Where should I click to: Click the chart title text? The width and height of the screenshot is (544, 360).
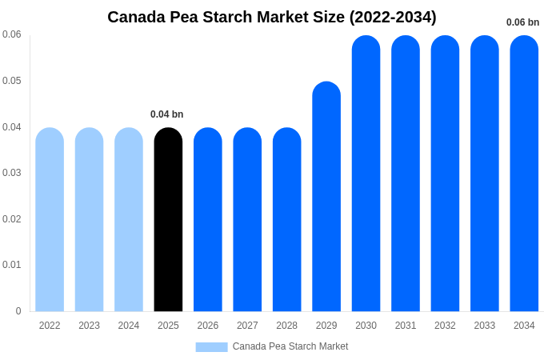pyautogui.click(x=272, y=17)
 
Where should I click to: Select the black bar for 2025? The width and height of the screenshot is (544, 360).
pyautogui.click(x=168, y=220)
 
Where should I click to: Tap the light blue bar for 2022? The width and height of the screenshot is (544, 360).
pyautogui.click(x=50, y=220)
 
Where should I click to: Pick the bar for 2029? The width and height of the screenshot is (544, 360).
pyautogui.click(x=326, y=197)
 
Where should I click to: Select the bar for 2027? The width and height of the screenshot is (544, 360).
pyautogui.click(x=247, y=220)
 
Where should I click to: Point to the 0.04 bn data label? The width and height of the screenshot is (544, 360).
pyautogui.click(x=167, y=114)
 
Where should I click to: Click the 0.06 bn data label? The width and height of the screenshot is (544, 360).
pyautogui.click(x=522, y=22)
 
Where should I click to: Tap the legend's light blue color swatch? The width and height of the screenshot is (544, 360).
pyautogui.click(x=211, y=347)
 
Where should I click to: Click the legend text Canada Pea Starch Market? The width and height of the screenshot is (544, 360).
pyautogui.click(x=290, y=346)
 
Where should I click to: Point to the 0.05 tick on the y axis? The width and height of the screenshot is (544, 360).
pyautogui.click(x=12, y=81)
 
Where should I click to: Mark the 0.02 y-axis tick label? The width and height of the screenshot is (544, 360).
pyautogui.click(x=12, y=219)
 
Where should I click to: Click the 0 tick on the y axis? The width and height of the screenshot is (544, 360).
pyautogui.click(x=18, y=311)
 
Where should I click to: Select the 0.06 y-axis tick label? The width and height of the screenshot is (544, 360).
pyautogui.click(x=12, y=34)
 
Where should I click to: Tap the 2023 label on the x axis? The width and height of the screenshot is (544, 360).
pyautogui.click(x=89, y=326)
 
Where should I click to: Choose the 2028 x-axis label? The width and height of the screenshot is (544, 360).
pyautogui.click(x=286, y=326)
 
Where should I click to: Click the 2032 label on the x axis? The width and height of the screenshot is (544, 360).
pyautogui.click(x=445, y=326)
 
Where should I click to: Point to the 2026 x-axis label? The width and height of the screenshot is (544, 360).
pyautogui.click(x=208, y=326)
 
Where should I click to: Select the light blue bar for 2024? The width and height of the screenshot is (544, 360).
pyautogui.click(x=129, y=220)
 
